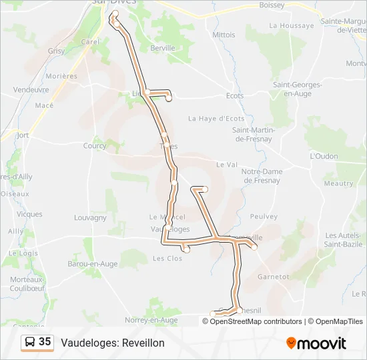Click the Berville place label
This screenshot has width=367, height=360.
point(163,48)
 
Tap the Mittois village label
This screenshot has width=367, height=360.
point(224,35)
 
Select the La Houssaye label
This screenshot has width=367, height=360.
point(291,25)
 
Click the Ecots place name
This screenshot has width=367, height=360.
point(235,96)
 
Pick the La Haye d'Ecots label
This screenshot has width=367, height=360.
point(216,119)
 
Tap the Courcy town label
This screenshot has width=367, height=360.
point(95,146)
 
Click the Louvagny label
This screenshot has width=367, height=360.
point(91,217)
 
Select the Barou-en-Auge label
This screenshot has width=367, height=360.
point(93,264)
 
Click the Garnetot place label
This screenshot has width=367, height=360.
point(273,276)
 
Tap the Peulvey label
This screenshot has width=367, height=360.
point(263,217)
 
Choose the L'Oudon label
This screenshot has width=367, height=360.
point(324,156)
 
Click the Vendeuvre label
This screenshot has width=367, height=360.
point(31,89)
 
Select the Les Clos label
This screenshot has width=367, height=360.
point(167,258)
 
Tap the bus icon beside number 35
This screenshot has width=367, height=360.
point(30,342)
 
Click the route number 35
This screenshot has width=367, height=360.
point(45,342)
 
